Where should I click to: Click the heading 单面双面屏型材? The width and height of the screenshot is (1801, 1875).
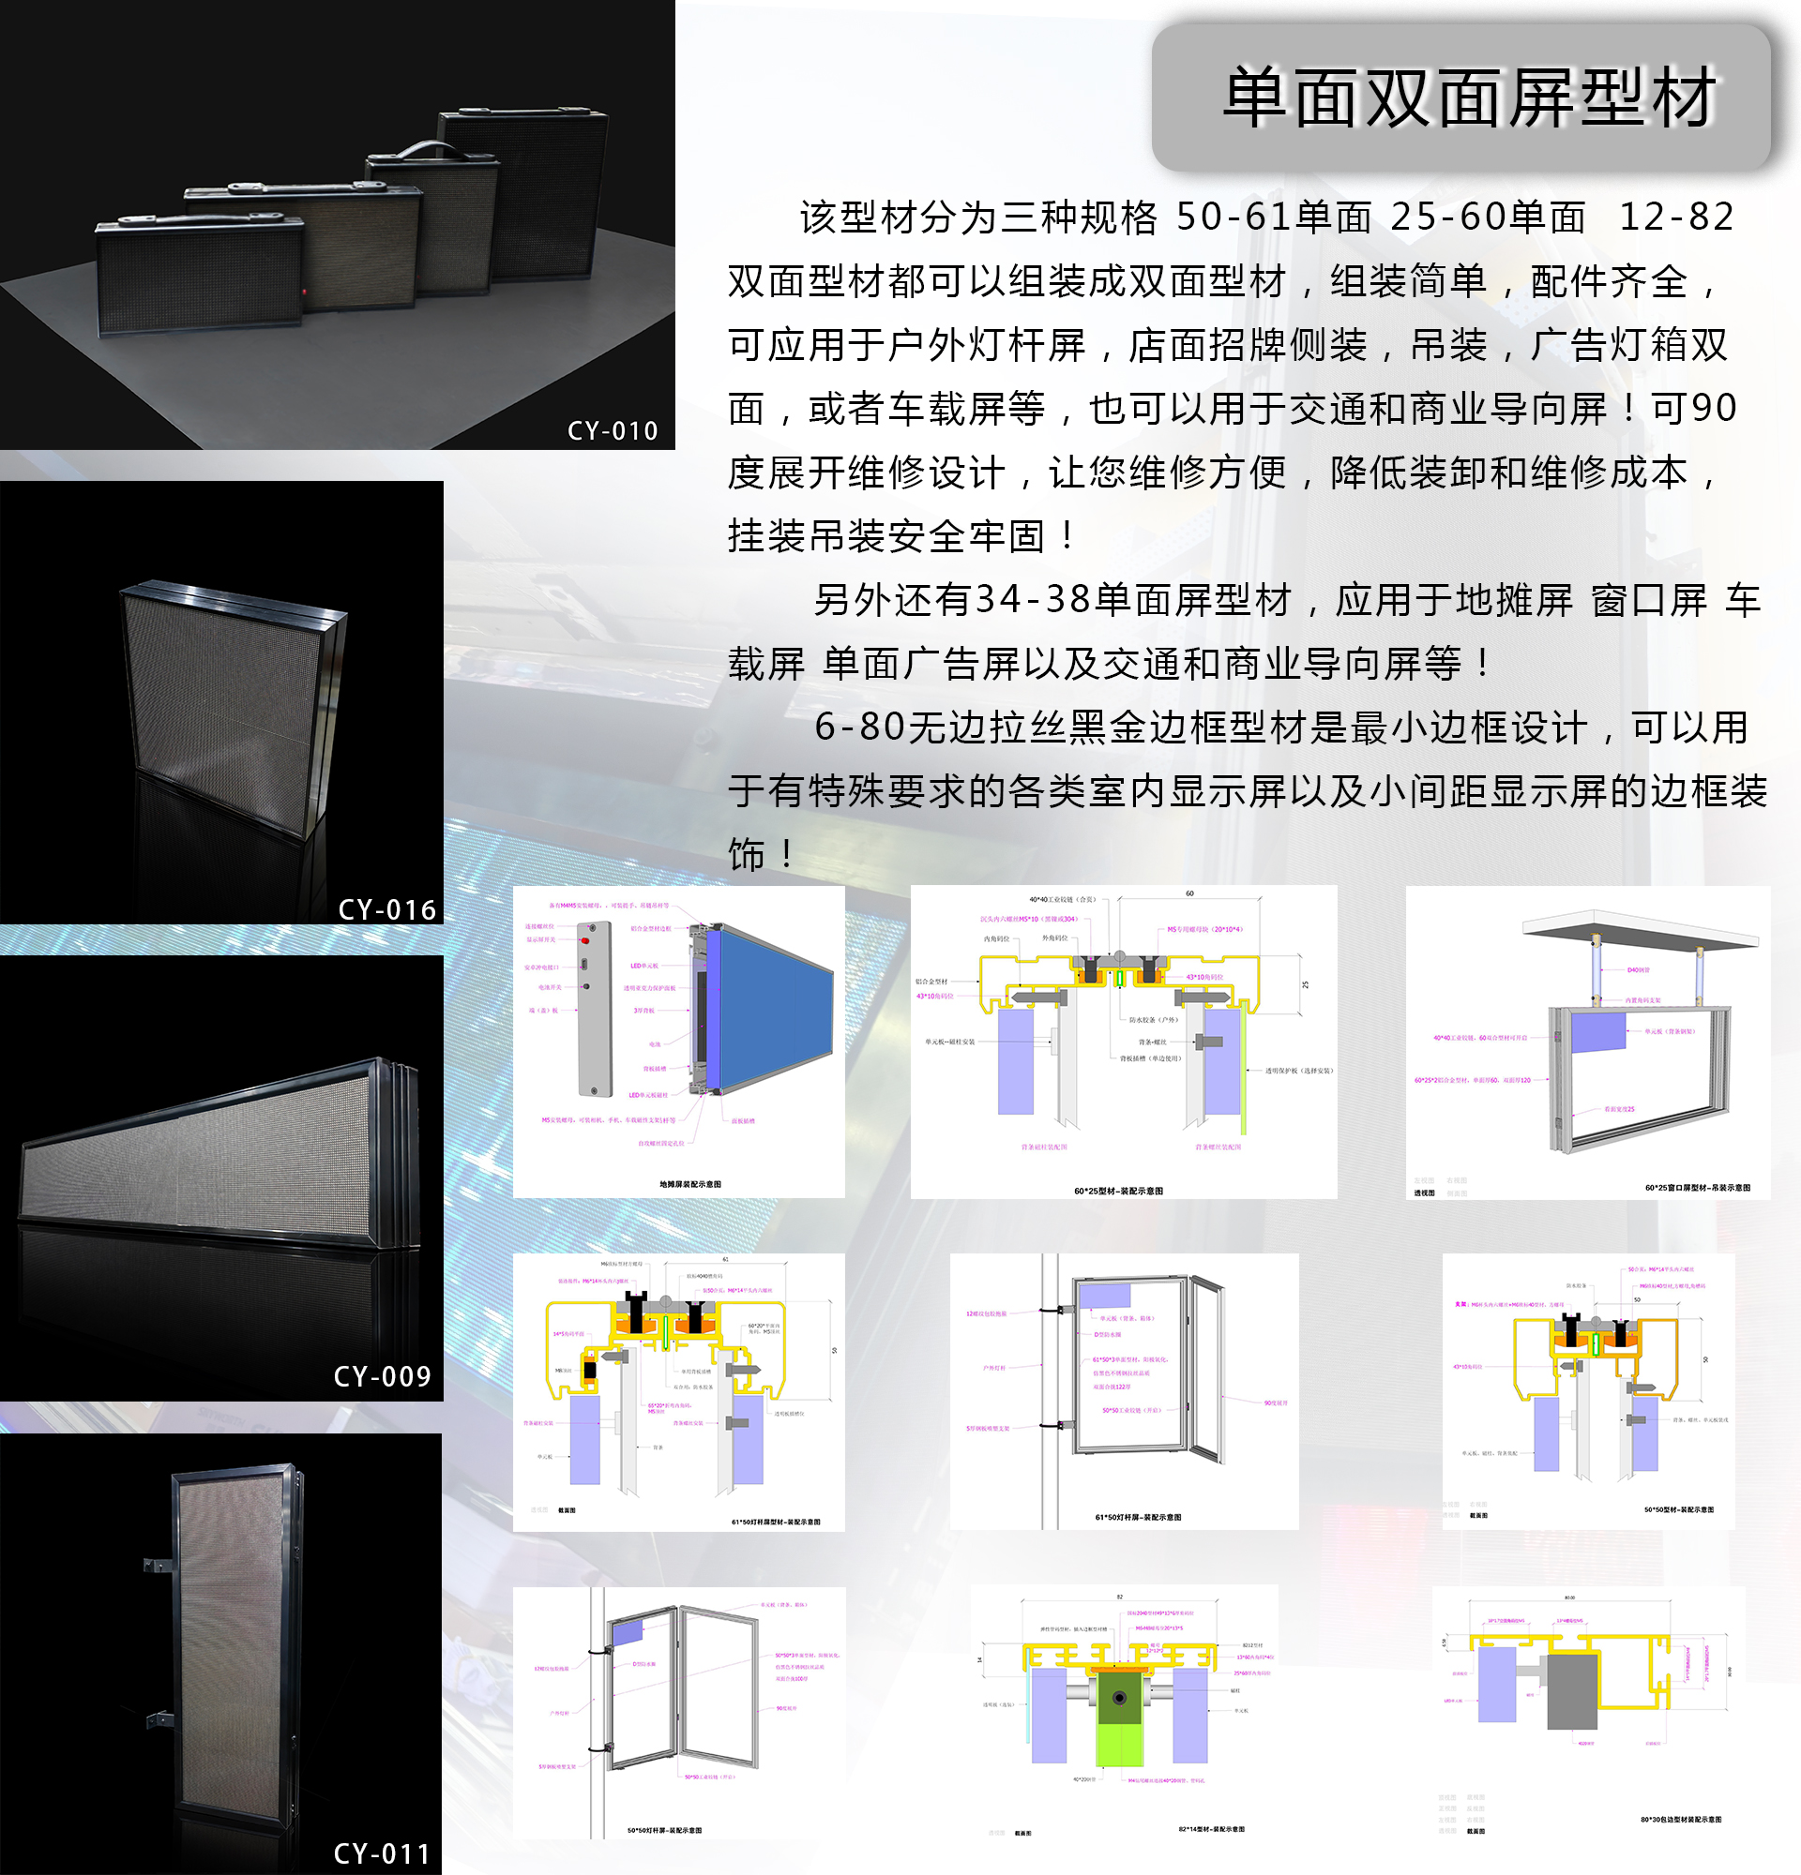[1469, 97]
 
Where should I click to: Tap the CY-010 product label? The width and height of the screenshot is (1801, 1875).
[613, 431]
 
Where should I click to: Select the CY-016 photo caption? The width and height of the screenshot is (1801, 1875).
[386, 909]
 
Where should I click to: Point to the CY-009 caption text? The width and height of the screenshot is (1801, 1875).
[382, 1376]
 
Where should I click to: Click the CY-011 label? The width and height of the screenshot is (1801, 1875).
[382, 1854]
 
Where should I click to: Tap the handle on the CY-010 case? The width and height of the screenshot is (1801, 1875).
[428, 150]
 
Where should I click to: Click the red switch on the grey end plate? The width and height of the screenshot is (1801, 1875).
[584, 941]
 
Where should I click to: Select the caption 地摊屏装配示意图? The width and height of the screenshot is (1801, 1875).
[689, 1184]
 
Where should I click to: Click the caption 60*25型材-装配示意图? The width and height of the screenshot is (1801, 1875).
[1118, 1191]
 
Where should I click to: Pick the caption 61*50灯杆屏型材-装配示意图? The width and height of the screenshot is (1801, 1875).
[775, 1522]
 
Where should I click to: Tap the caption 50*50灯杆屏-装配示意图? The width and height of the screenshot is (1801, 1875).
[664, 1831]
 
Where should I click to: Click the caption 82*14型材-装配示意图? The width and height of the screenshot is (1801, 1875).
[1211, 1829]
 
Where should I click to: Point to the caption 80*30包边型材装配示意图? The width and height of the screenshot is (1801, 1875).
[1680, 1820]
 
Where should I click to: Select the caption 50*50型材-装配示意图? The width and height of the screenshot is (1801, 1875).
[1678, 1509]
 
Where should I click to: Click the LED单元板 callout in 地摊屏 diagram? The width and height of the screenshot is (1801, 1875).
[643, 967]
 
